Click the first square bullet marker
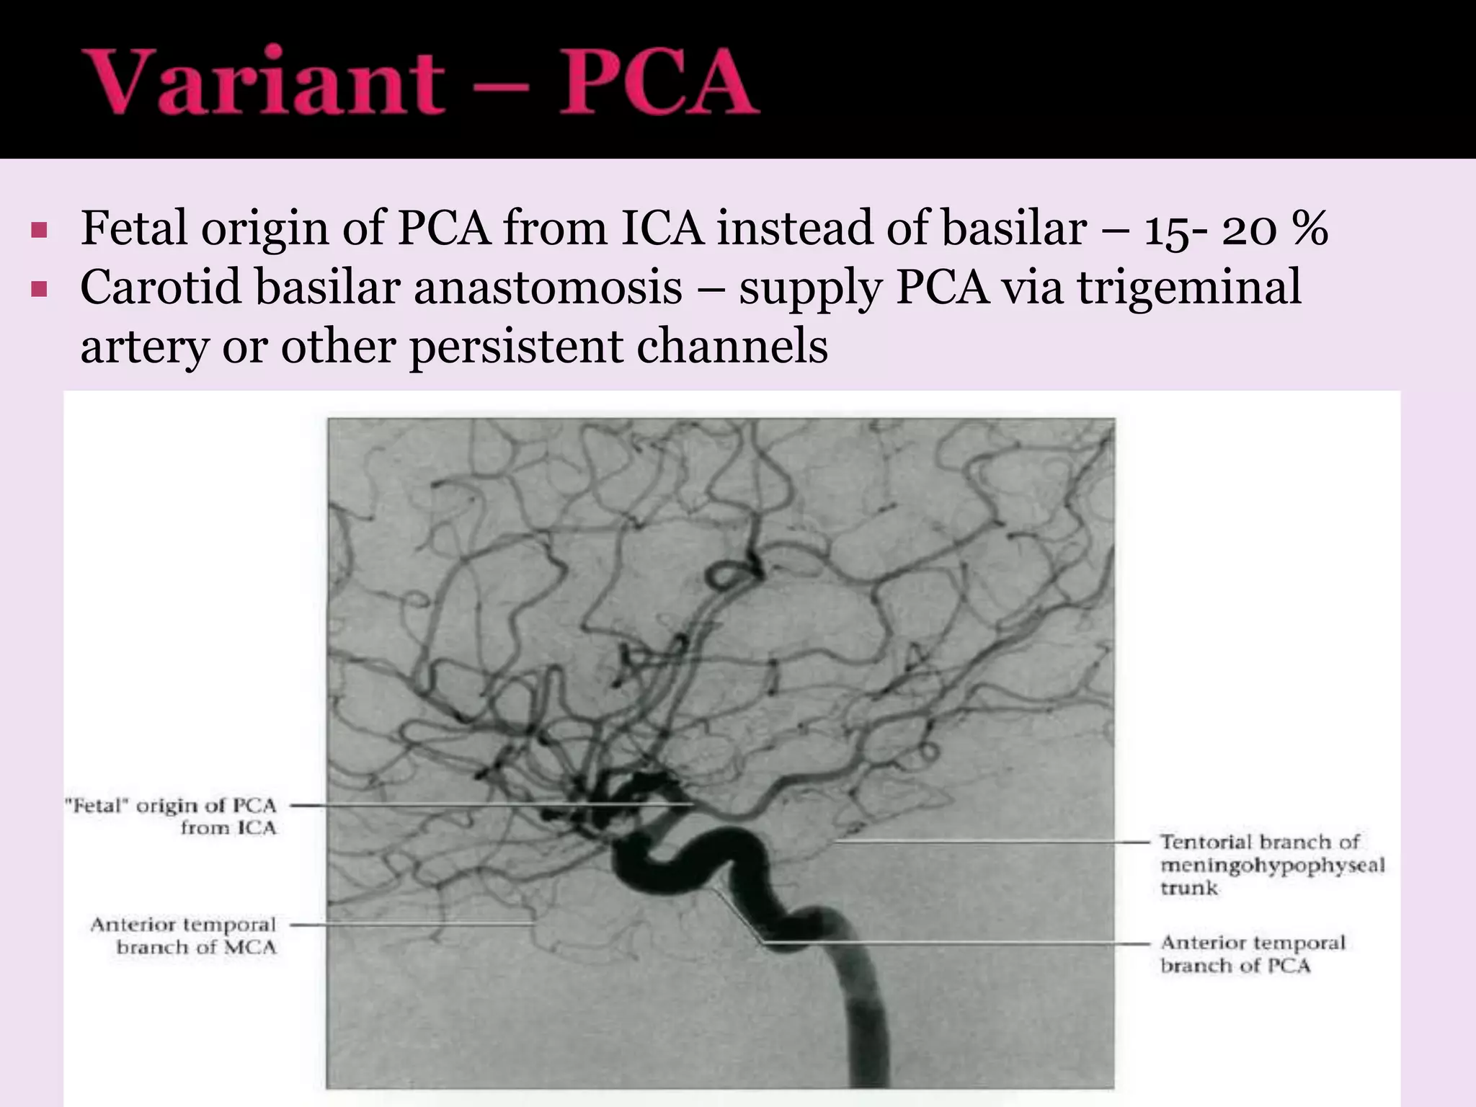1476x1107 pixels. click(39, 231)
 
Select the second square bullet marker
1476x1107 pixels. click(39, 290)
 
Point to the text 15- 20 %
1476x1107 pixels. click(1235, 229)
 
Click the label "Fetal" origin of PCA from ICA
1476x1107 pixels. click(172, 816)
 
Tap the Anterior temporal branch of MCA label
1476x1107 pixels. click(184, 935)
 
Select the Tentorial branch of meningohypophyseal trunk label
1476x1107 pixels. click(1272, 864)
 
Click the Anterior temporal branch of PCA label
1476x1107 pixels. click(1253, 953)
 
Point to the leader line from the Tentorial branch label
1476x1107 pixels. click(995, 841)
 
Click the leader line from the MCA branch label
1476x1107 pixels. click(411, 924)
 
